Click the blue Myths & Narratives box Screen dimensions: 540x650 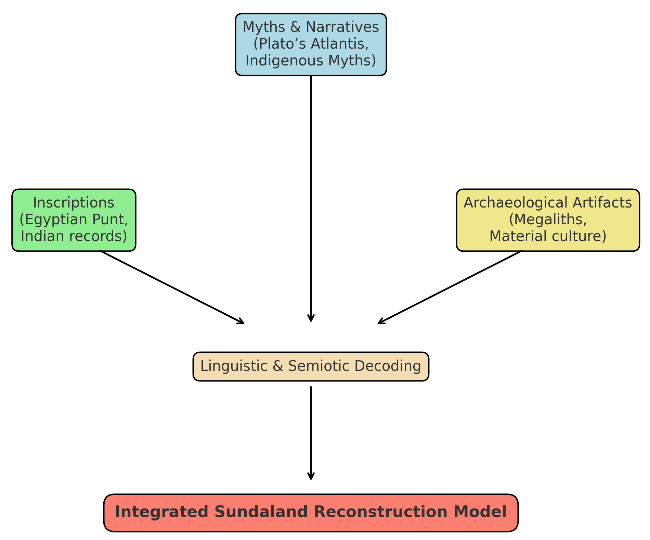tap(311, 45)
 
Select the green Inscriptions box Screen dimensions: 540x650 tap(74, 220)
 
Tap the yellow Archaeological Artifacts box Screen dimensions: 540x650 tap(548, 220)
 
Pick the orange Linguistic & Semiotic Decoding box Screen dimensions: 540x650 tap(311, 366)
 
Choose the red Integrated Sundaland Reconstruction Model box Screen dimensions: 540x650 tap(311, 513)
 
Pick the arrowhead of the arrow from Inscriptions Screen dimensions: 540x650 tap(242, 322)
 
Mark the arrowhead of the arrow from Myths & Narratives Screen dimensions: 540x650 tap(311, 319)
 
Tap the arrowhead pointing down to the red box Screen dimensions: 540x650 tap(311, 477)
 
